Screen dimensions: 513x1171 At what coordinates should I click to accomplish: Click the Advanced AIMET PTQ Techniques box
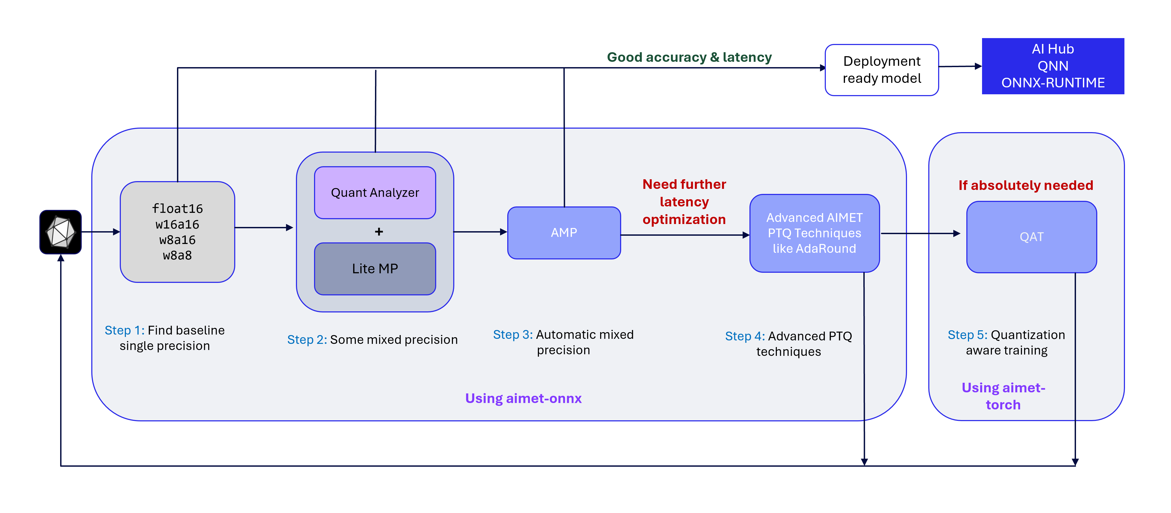[814, 233]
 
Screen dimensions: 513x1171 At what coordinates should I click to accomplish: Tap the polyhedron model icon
[60, 232]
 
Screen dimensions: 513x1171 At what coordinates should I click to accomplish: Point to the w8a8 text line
[177, 256]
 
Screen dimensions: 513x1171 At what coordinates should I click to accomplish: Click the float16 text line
[177, 209]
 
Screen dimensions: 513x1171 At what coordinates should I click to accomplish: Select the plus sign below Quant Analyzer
[379, 231]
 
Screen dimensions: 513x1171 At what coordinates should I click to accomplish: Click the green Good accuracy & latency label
[689, 57]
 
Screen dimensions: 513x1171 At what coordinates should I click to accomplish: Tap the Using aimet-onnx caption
[523, 398]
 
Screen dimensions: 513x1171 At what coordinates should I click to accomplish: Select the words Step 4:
[745, 336]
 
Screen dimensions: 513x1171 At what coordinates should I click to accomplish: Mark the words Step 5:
[967, 335]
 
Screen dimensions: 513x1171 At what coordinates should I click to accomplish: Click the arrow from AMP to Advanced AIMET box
[685, 235]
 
